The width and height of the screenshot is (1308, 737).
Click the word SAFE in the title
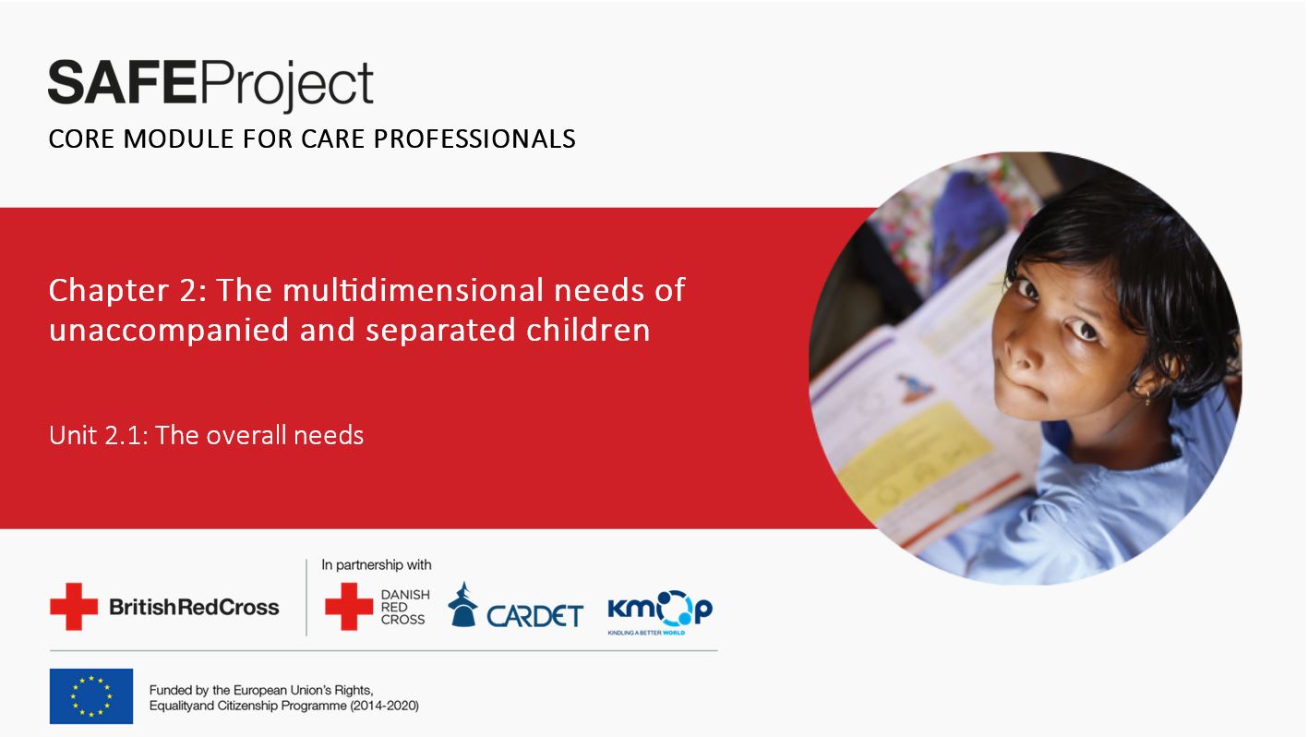point(122,83)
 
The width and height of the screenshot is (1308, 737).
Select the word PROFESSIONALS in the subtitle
point(474,139)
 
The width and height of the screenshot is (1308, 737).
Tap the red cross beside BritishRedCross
point(74,607)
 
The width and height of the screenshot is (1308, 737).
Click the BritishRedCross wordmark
point(195,608)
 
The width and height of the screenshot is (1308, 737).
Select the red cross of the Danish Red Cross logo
point(349,607)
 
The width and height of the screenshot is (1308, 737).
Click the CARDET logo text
point(534,616)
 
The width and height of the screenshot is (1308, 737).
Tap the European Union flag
point(91,696)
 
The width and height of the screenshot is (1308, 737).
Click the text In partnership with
point(376,564)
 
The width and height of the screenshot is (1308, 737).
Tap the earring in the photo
point(1148,398)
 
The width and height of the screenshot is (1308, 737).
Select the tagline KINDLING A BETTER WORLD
point(646,633)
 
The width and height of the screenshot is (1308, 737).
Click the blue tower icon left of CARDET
point(462,605)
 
